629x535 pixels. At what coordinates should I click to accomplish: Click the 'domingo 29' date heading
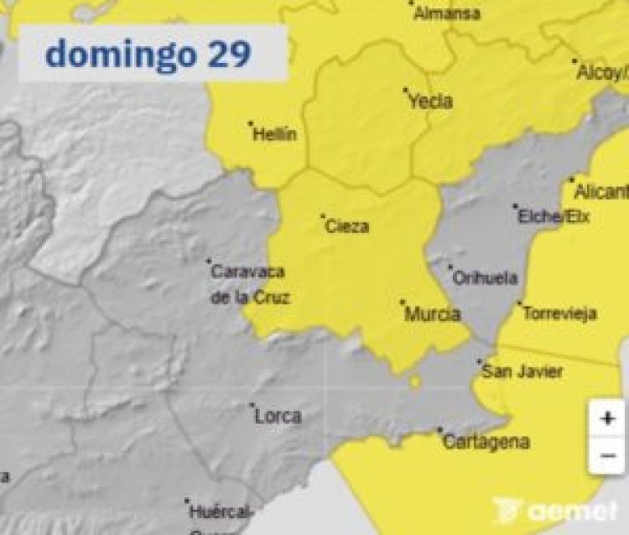click(x=148, y=55)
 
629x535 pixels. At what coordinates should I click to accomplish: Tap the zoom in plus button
click(x=606, y=418)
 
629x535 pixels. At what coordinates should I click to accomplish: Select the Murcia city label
click(x=433, y=314)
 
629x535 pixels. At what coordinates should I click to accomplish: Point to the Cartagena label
click(x=486, y=442)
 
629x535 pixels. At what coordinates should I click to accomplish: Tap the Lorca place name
click(x=278, y=416)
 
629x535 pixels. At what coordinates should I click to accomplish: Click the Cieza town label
click(x=347, y=226)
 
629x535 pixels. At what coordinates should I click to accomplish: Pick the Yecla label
click(x=430, y=101)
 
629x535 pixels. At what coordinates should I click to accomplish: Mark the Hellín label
click(x=274, y=134)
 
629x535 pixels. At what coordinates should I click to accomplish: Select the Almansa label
click(x=448, y=13)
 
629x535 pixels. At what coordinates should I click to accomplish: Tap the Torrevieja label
click(x=559, y=314)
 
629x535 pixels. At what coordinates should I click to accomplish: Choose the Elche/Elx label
click(x=554, y=217)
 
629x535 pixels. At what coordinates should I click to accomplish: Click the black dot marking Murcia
click(x=403, y=302)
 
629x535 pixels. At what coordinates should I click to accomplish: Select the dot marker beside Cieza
click(x=323, y=216)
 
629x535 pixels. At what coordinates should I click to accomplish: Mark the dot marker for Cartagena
click(x=439, y=431)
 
